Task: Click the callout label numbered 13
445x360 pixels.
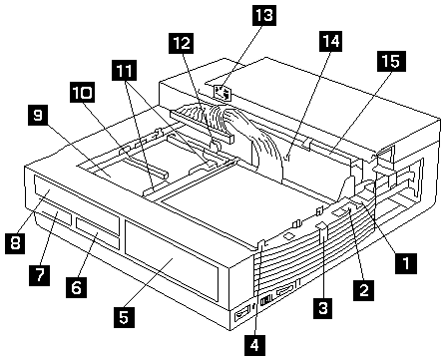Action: click(264, 15)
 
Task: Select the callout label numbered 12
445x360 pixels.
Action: click(182, 43)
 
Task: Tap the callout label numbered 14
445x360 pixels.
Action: click(330, 41)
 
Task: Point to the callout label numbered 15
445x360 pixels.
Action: click(391, 61)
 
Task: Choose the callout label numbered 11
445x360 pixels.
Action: click(125, 71)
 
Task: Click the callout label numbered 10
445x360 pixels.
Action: click(82, 92)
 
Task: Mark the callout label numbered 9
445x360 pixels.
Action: click(38, 115)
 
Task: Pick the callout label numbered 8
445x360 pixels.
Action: click(15, 243)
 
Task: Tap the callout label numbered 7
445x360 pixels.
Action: click(40, 275)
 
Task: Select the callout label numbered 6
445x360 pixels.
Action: click(77, 287)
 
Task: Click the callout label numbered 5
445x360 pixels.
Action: click(124, 317)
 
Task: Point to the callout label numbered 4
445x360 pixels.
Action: click(254, 346)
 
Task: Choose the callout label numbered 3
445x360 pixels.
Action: click(323, 308)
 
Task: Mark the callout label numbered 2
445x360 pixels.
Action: click(364, 290)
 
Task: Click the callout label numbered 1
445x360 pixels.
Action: click(406, 263)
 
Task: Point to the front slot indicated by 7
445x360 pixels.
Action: click(57, 217)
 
